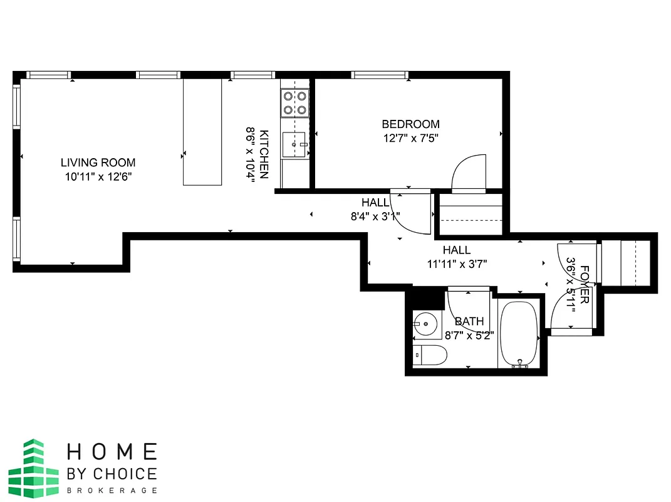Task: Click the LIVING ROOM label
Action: [x=98, y=163]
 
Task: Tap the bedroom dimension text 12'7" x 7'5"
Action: [x=411, y=137]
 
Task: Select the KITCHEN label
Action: [x=264, y=154]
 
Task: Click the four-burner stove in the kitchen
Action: [x=295, y=103]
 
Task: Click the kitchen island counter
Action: [x=202, y=132]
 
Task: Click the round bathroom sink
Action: [x=425, y=325]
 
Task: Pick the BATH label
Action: [x=469, y=322]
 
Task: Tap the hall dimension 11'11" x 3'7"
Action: [x=457, y=264]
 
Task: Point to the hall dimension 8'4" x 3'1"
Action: [x=374, y=216]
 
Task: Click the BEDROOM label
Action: [x=410, y=124]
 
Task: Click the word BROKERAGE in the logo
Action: [x=112, y=490]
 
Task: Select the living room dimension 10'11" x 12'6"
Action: [x=98, y=176]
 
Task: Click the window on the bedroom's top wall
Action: [x=380, y=75]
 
